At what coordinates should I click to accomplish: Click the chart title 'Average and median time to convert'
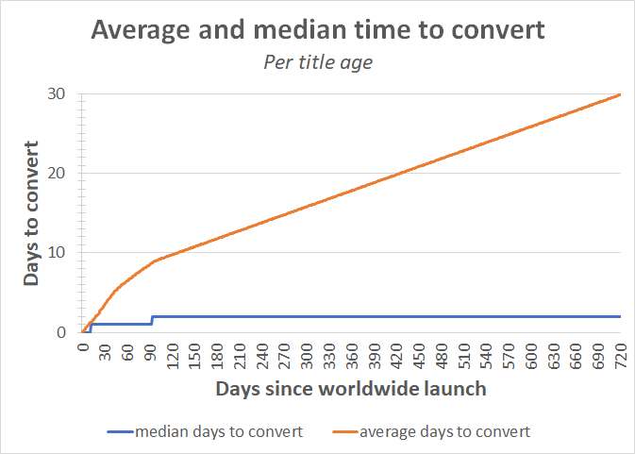317,30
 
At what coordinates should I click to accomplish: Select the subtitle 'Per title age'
317,63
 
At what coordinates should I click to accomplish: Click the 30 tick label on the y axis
58,93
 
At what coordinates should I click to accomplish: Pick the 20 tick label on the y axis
58,173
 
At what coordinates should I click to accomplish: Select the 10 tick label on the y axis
58,252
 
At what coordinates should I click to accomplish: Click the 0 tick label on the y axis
62,332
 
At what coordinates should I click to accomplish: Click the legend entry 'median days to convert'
218,431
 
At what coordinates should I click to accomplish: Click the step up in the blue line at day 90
151,320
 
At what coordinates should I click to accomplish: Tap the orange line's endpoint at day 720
620,94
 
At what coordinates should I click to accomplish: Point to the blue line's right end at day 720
620,316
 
